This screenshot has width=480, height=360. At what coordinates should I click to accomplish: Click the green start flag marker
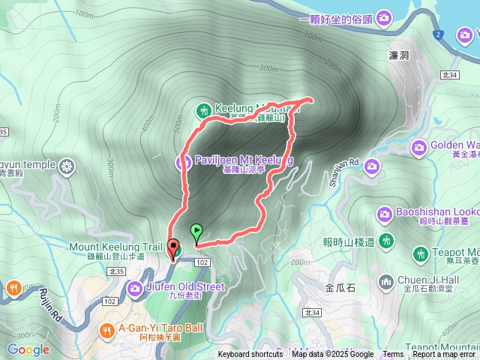coord(197,231)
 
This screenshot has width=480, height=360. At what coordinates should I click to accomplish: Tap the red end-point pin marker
coord(174,247)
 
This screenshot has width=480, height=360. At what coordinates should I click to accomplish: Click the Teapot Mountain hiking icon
coord(422,253)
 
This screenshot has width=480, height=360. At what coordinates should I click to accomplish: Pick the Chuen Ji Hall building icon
coord(386,282)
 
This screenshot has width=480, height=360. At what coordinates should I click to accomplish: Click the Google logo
coord(28,349)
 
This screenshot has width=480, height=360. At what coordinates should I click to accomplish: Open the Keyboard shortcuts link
coord(250,355)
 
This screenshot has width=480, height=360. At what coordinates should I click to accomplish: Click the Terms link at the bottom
coord(393,355)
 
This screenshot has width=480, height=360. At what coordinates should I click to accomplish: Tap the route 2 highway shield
coord(438,34)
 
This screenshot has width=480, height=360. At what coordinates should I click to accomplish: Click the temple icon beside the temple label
coord(67,166)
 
